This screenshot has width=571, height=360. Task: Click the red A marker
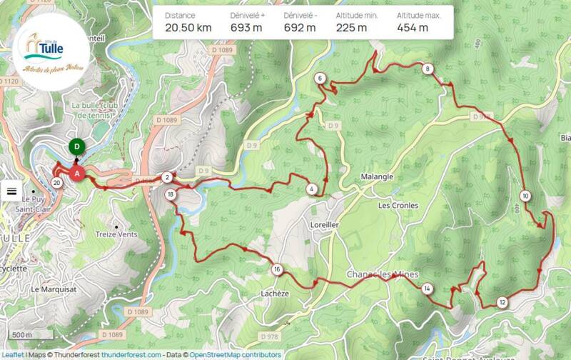tap(78, 172)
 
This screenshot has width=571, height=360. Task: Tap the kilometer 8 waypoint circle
tap(427, 69)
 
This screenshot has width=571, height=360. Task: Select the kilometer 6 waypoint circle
tap(320, 79)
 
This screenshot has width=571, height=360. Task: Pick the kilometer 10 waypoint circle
tap(525, 196)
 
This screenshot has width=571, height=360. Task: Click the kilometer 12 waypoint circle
tap(502, 302)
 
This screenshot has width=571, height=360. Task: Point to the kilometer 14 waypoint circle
tap(426, 289)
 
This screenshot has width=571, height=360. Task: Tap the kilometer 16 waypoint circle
tap(276, 269)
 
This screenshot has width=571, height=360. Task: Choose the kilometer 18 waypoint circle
tap(170, 194)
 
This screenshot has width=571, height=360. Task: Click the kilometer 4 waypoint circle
tap(312, 189)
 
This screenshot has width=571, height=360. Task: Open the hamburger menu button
tap(12, 191)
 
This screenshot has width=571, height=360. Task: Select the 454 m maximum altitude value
tap(413, 29)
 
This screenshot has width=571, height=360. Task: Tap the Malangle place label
tap(377, 177)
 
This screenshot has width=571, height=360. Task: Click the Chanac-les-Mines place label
tap(381, 274)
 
